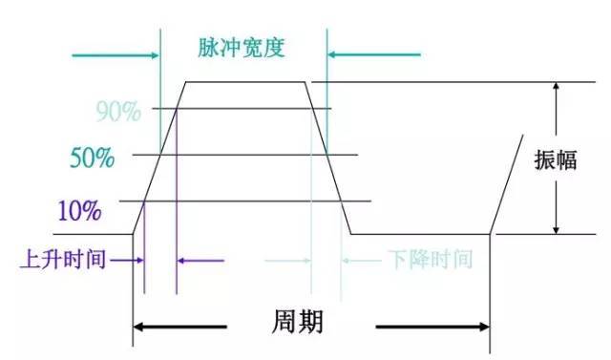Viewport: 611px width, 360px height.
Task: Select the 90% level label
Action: pyautogui.click(x=118, y=112)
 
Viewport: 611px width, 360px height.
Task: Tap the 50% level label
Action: pyautogui.click(x=93, y=158)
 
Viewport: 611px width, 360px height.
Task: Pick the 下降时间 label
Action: pyautogui.click(x=431, y=260)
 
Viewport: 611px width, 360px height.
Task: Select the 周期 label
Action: pyautogui.click(x=298, y=323)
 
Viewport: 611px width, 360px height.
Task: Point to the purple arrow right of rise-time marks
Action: pyautogui.click(x=200, y=260)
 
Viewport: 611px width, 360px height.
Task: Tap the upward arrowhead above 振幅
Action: pyautogui.click(x=555, y=89)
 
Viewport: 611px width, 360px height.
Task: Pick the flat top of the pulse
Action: pyautogui.click(x=243, y=82)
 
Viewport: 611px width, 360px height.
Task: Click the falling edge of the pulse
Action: pyautogui.click(x=326, y=158)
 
